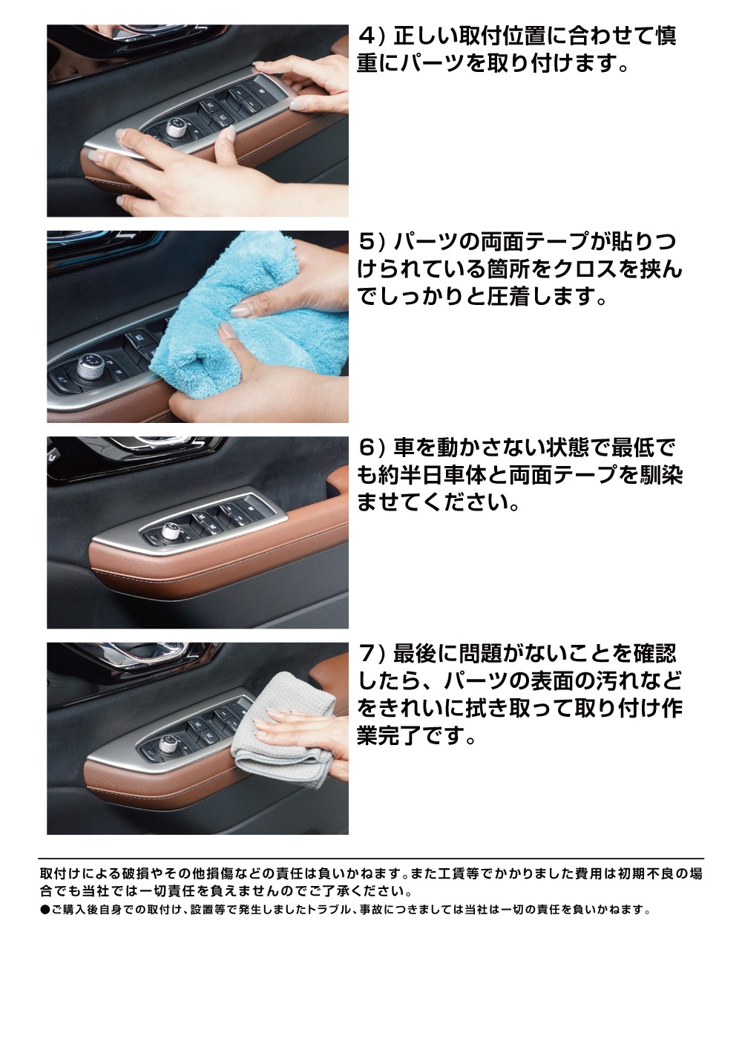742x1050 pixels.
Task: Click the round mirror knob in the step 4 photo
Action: [x=176, y=127]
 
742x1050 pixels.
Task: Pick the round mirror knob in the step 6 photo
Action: [x=168, y=531]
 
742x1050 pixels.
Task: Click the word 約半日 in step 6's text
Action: [x=416, y=476]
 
